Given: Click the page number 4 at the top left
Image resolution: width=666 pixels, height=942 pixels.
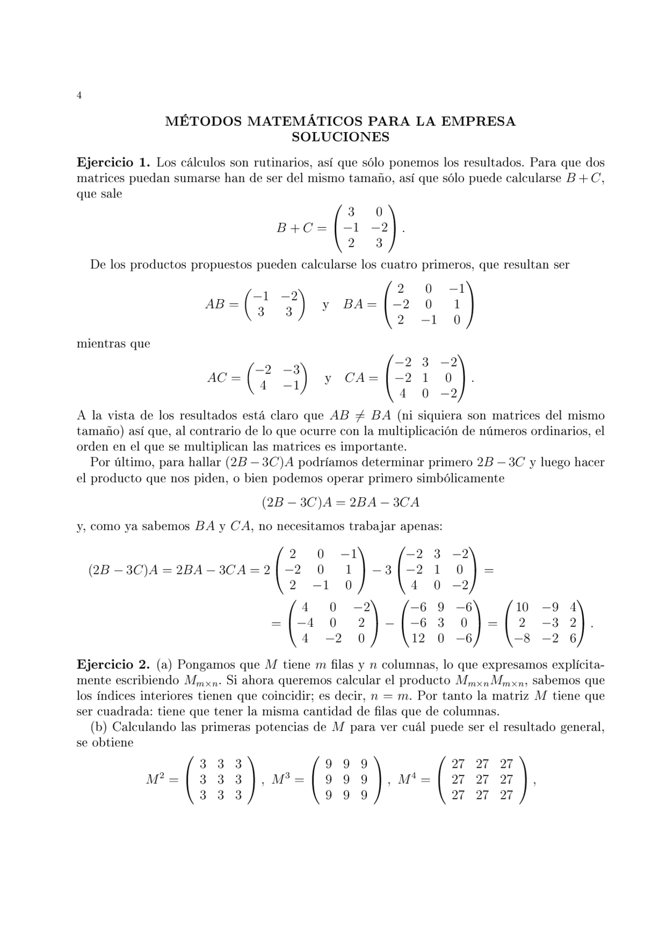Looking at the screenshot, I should (79, 95).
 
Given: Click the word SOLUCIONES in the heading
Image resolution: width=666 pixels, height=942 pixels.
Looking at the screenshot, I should (340, 137).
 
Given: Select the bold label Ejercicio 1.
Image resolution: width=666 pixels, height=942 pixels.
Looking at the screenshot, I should (114, 162).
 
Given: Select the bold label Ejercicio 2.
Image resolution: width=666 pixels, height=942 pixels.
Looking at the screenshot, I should (114, 665).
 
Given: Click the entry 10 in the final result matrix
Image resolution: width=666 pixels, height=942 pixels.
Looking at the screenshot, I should (522, 607).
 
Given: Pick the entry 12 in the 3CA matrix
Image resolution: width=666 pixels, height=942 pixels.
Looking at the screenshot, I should (418, 638).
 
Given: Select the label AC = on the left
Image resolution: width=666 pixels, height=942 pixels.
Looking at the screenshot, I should (224, 378).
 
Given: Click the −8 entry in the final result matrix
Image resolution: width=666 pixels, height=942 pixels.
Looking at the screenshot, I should (521, 638).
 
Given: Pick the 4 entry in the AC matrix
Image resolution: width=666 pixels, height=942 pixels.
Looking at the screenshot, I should (264, 386).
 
